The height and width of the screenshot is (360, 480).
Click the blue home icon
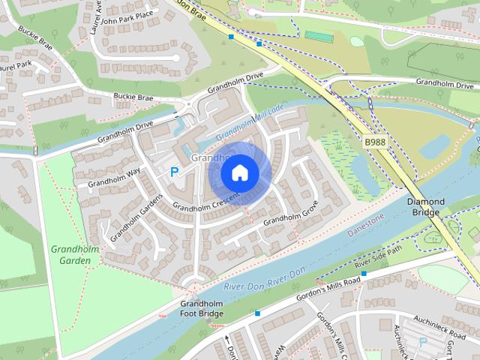[239, 172]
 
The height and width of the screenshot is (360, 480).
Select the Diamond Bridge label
[425, 208]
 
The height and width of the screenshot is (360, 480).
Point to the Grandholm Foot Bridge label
[202, 308]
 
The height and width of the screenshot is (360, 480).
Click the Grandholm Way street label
[114, 178]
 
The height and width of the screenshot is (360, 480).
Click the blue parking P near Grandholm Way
[175, 172]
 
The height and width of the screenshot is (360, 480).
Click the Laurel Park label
[15, 66]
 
